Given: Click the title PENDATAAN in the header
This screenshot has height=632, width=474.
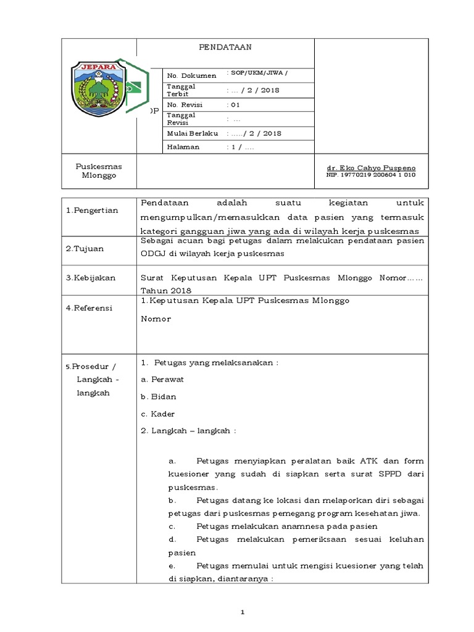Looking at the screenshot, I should (x=225, y=47).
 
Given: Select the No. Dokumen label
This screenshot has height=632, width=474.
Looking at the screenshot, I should (x=191, y=75).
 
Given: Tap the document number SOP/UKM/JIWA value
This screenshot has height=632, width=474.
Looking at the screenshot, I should (x=257, y=73).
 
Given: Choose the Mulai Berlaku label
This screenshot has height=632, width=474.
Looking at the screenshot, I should (x=193, y=133).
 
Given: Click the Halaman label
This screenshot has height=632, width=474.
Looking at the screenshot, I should (x=183, y=147).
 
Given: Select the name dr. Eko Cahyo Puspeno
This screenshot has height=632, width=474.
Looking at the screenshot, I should (x=370, y=168).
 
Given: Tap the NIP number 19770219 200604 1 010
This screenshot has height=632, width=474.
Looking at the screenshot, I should (x=370, y=175).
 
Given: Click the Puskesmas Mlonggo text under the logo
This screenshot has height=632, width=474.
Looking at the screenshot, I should (x=99, y=171).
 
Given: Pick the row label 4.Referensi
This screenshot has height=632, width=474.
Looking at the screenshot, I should (x=89, y=308).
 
